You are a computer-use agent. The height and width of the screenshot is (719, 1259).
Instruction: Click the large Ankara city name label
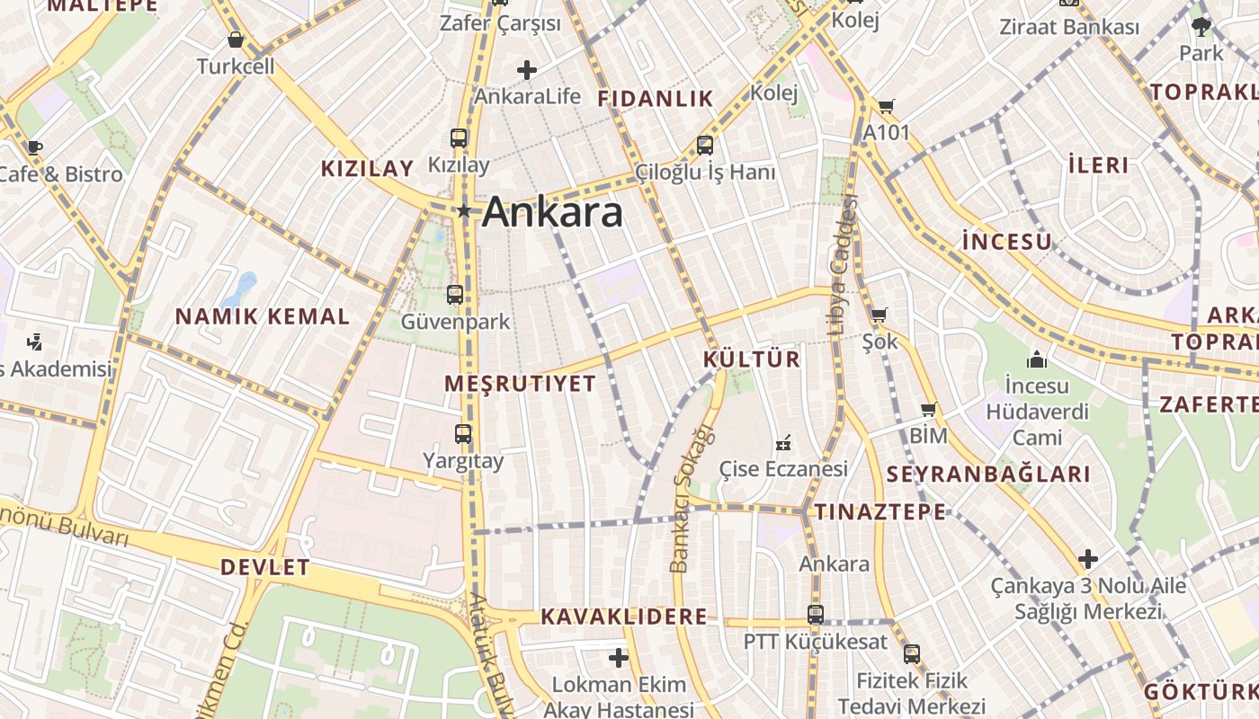(552, 213)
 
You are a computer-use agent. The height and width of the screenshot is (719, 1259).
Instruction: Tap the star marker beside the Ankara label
(464, 211)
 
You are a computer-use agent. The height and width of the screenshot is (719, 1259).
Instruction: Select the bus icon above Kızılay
(459, 138)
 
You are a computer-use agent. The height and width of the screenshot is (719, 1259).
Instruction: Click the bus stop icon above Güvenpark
(455, 294)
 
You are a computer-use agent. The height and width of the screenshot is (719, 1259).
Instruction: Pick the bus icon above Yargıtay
(463, 434)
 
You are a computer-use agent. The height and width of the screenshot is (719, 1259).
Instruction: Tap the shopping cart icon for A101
(887, 107)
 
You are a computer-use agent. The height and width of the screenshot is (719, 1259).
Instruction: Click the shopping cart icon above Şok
(880, 315)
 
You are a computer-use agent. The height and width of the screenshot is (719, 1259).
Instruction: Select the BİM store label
(929, 436)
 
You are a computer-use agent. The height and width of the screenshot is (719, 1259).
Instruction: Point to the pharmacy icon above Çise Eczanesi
(783, 442)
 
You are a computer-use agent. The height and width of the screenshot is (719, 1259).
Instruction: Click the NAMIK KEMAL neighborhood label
(263, 316)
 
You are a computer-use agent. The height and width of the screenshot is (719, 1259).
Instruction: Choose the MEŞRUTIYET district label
(520, 384)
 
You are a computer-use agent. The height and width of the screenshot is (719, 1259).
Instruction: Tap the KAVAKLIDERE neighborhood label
(623, 617)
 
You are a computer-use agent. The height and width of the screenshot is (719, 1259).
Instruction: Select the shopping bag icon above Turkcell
(236, 40)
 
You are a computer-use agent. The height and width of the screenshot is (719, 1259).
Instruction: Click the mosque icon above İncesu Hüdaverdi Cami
(1037, 359)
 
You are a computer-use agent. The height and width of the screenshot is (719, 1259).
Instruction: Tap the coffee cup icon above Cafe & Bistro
(34, 147)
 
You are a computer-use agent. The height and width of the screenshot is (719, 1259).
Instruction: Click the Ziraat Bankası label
(1069, 27)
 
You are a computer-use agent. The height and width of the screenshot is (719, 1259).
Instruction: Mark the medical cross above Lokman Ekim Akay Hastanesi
(619, 658)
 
